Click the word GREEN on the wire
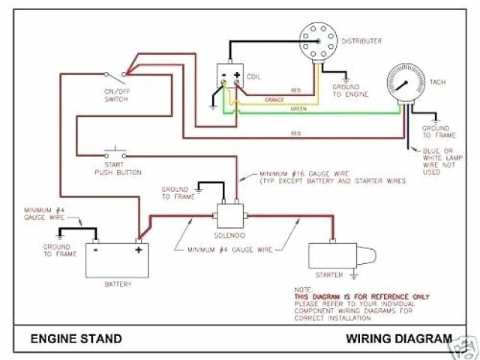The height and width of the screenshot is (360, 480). click(x=298, y=109)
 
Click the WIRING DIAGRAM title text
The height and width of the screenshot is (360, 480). click(x=399, y=338)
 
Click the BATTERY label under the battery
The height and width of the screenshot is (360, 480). click(x=118, y=284)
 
